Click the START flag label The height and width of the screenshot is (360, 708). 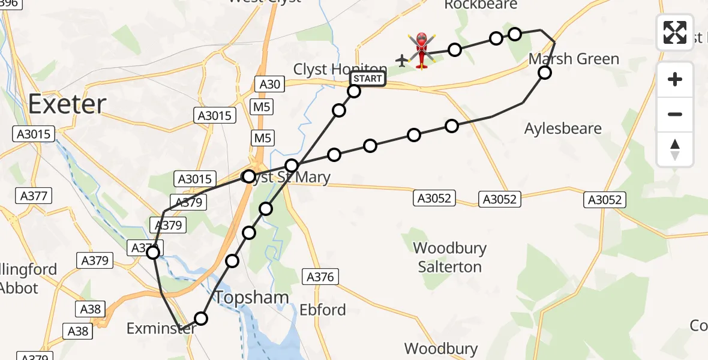(367, 79)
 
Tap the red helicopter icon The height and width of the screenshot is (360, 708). (422, 50)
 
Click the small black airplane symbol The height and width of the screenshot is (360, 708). (401, 60)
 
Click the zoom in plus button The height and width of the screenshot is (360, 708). (675, 79)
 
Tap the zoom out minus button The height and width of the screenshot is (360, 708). (675, 114)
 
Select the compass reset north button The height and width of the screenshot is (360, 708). (675, 149)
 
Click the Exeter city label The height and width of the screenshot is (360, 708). (67, 104)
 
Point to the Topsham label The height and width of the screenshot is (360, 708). (251, 297)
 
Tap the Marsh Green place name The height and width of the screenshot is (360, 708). (574, 59)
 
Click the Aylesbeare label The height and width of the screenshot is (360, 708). (563, 128)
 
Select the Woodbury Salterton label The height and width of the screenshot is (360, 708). (449, 257)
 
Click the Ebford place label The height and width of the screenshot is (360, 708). (323, 310)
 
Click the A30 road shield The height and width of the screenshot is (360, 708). (270, 85)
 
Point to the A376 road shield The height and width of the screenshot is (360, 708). (322, 277)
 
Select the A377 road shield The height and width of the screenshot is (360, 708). (35, 196)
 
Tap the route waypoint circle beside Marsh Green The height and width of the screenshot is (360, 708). (544, 73)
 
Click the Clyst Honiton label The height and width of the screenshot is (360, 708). (340, 70)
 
